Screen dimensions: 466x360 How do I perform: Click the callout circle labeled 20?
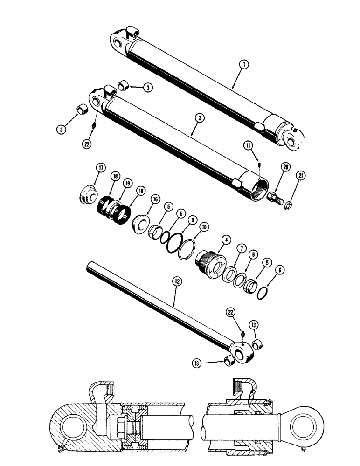(285, 168)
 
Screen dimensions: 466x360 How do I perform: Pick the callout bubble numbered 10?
(204, 226)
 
